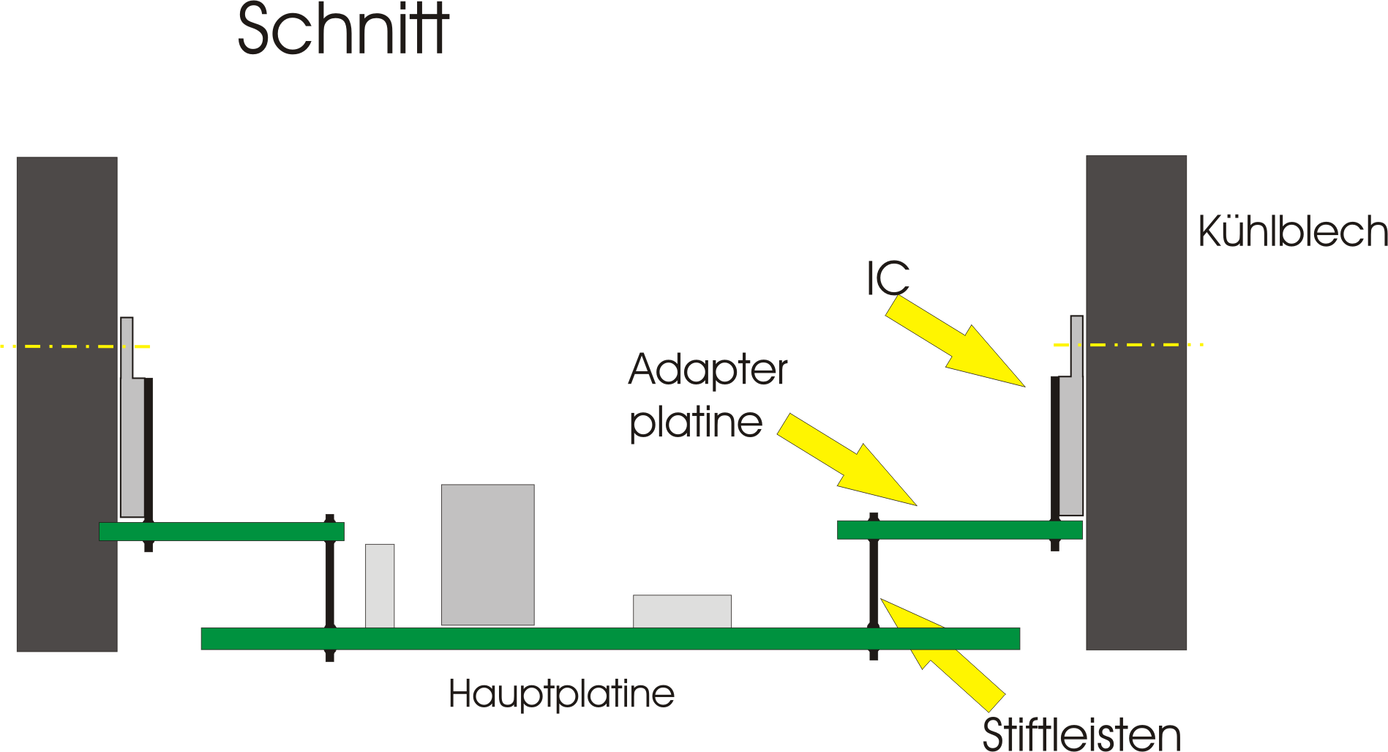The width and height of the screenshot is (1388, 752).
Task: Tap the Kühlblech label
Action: pyautogui.click(x=1292, y=232)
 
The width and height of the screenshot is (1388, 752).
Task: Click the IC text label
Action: pyautogui.click(x=888, y=278)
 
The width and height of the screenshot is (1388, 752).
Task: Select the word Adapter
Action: pyautogui.click(x=708, y=370)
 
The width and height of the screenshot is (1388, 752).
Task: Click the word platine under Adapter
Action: pyautogui.click(x=696, y=422)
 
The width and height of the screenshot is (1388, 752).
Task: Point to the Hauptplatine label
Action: pyautogui.click(x=561, y=694)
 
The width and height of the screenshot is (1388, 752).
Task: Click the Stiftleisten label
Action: pyautogui.click(x=1081, y=734)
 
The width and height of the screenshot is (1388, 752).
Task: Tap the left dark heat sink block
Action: pyautogui.click(x=67, y=403)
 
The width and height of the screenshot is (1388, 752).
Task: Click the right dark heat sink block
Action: pyautogui.click(x=1136, y=402)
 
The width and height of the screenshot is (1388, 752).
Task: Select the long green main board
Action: pyautogui.click(x=610, y=639)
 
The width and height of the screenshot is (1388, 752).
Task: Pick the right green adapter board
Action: pyautogui.click(x=959, y=530)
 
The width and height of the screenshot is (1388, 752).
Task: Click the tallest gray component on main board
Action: pyautogui.click(x=487, y=554)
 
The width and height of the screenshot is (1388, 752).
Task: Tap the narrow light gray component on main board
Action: pyautogui.click(x=380, y=586)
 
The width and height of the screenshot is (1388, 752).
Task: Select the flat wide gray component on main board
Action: pyautogui.click(x=682, y=611)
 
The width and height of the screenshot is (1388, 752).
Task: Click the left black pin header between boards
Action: pyautogui.click(x=330, y=586)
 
